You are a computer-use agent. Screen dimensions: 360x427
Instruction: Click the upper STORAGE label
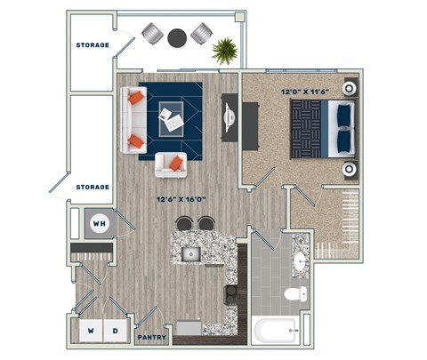point(92,44)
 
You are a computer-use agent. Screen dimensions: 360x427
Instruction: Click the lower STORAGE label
point(92,187)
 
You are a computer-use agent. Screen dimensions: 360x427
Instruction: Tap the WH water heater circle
point(100,224)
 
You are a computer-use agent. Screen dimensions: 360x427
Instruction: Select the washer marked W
point(91,331)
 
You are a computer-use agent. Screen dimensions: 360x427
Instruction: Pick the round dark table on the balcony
point(178,36)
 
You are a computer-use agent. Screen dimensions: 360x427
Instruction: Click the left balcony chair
point(152,35)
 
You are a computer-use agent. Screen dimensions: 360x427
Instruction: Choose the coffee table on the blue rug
point(171,115)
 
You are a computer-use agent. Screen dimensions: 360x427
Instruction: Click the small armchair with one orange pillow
point(172,164)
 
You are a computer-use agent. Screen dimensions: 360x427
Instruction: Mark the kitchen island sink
point(189,254)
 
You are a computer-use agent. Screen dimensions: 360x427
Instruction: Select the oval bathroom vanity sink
point(300,261)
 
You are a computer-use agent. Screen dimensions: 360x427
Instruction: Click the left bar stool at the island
point(184,224)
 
